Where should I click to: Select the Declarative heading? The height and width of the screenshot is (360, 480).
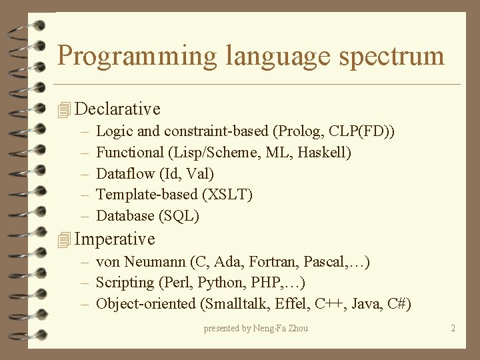click(x=118, y=109)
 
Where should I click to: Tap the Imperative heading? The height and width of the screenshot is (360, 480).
click(x=115, y=239)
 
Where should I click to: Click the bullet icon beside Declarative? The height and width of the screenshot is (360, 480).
click(x=64, y=109)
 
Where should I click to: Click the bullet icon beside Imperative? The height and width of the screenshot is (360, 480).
click(x=64, y=239)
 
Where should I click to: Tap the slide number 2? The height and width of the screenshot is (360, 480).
click(x=453, y=328)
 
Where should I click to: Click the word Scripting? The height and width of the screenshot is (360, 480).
click(x=125, y=283)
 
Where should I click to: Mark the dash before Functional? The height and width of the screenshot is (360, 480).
click(x=85, y=153)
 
